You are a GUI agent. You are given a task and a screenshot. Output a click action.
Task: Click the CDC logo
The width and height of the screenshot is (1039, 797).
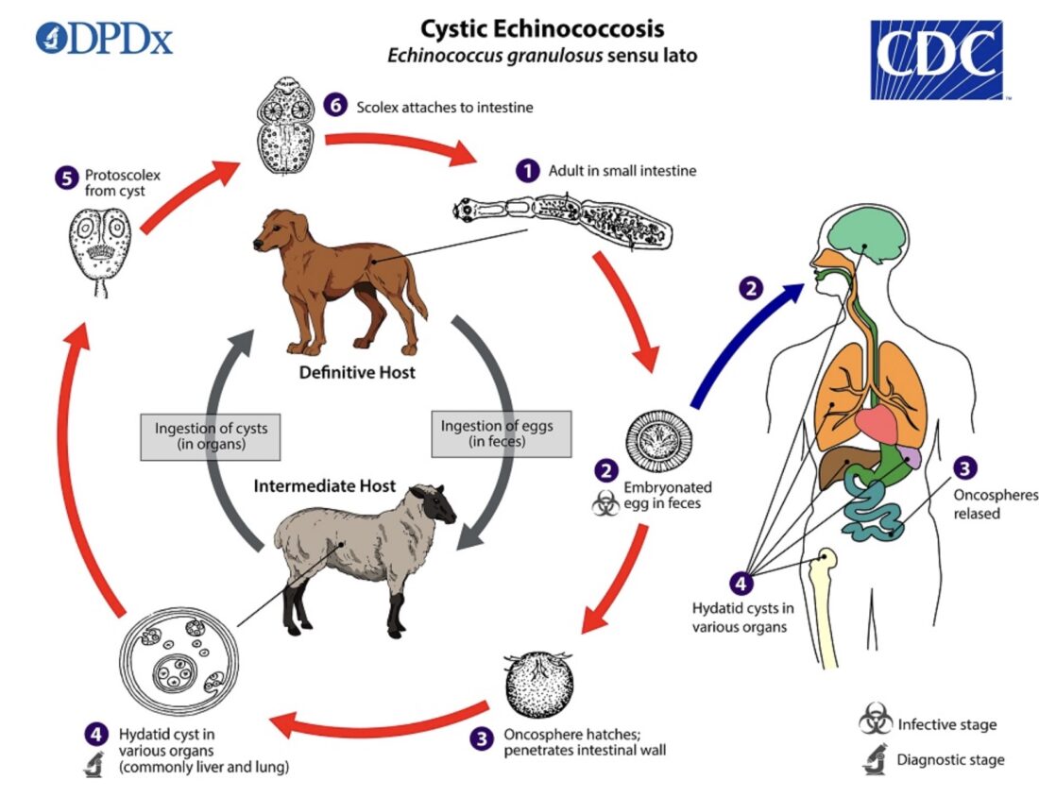tap(935, 59)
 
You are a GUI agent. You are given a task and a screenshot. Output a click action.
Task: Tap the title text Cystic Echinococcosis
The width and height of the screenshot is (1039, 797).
tap(542, 27)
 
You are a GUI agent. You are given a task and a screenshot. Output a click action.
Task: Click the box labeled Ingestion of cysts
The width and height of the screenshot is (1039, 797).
tap(211, 436)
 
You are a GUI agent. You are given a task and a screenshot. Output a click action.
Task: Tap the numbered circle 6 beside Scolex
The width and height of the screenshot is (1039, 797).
tap(335, 106)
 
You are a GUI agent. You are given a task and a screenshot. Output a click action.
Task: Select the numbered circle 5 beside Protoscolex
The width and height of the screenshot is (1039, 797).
tap(66, 177)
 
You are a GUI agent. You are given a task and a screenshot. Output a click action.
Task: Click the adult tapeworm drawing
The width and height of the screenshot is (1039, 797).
tap(563, 222)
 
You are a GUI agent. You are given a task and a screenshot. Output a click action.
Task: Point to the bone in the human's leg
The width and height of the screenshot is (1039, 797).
tap(828, 604)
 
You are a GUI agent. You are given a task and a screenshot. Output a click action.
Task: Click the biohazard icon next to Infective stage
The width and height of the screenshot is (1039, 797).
tap(875, 723)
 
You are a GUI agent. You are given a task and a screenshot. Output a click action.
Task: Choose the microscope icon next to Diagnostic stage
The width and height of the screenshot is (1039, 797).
tap(875, 759)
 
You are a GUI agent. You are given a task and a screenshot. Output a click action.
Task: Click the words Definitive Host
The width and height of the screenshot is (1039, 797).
tap(357, 372)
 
